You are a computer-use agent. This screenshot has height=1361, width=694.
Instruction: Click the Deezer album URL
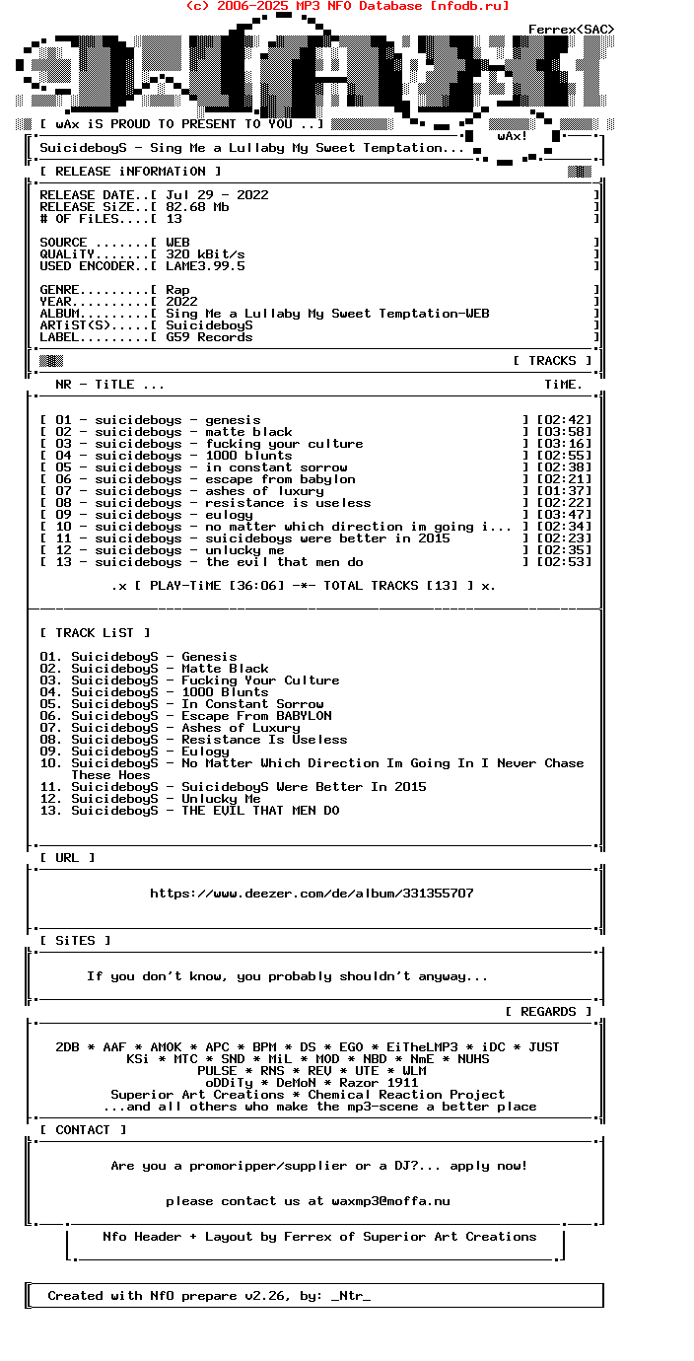click(312, 894)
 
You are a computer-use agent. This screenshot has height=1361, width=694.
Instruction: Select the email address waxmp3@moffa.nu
click(390, 1201)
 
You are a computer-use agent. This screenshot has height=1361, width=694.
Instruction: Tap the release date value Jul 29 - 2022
click(217, 195)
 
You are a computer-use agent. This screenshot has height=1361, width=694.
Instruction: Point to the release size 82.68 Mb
click(197, 207)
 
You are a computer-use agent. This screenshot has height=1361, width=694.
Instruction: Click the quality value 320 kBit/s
click(205, 254)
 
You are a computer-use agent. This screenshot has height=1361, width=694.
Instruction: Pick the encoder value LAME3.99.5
click(205, 266)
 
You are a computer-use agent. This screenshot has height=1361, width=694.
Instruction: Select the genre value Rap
click(177, 290)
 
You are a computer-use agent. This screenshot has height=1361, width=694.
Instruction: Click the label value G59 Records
click(209, 337)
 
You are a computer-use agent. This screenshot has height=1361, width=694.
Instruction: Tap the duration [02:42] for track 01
click(564, 420)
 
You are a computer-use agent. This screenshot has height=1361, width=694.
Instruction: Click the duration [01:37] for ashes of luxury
click(564, 491)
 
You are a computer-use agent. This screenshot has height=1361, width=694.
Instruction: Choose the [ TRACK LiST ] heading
click(95, 633)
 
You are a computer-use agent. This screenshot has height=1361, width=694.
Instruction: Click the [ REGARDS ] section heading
click(548, 1012)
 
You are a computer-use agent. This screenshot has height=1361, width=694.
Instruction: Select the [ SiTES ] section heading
click(75, 941)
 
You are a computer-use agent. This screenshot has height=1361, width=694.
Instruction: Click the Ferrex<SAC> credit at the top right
click(571, 30)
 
